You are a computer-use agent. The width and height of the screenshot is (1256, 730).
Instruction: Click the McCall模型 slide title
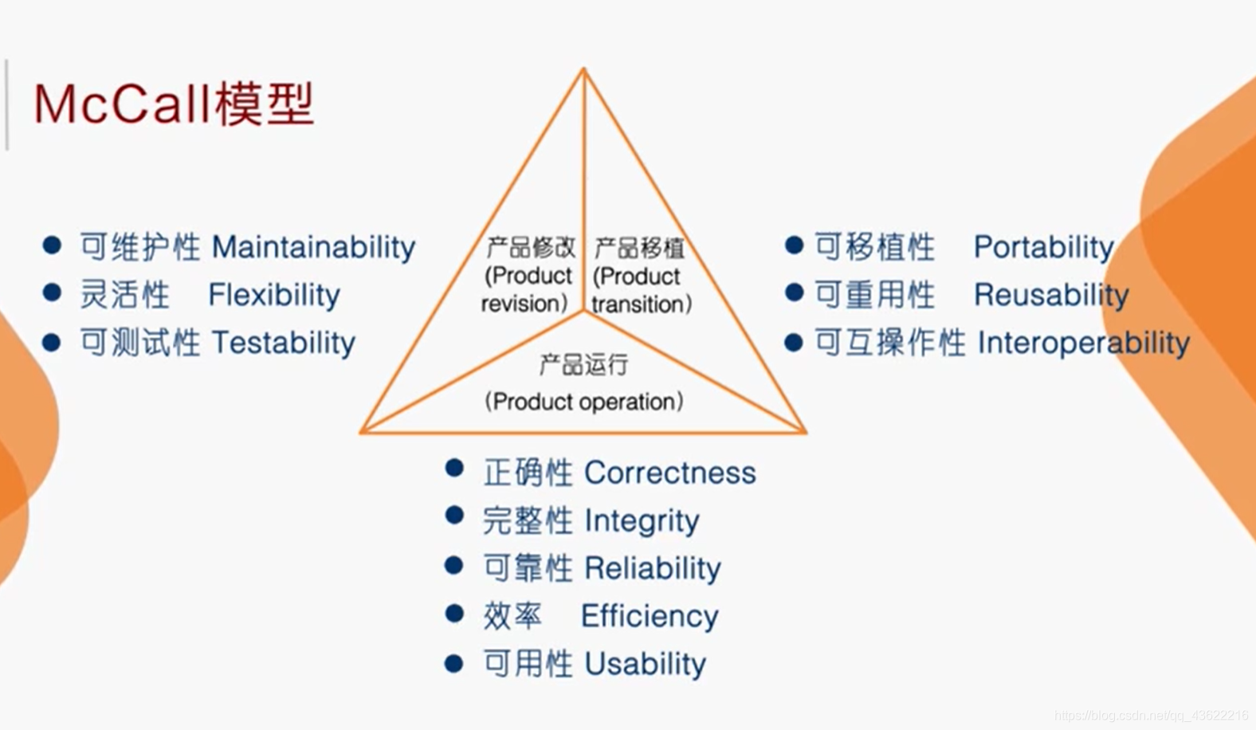(174, 104)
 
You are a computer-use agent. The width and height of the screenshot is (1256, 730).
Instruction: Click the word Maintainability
(313, 247)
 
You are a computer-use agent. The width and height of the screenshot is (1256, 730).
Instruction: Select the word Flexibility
(274, 295)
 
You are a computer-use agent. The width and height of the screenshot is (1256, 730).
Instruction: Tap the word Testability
(284, 343)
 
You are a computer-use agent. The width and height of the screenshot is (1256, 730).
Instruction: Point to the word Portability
(1043, 247)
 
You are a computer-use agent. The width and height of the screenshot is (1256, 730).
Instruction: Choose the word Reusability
(1051, 295)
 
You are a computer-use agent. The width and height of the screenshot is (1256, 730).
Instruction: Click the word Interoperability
(1083, 343)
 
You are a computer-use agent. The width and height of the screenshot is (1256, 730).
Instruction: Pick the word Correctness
(669, 473)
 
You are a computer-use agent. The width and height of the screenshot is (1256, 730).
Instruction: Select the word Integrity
(642, 520)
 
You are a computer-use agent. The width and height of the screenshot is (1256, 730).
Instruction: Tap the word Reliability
(652, 568)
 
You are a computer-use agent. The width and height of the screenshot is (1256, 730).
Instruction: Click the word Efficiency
(650, 616)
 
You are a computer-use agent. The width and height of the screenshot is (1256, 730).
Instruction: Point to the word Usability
(645, 664)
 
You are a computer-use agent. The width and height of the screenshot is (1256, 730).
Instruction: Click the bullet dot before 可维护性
(52, 245)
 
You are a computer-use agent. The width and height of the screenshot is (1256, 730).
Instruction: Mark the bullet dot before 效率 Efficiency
(454, 614)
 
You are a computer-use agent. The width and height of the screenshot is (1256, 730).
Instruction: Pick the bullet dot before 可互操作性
(793, 342)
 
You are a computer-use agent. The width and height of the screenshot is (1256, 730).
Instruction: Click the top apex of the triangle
(583, 70)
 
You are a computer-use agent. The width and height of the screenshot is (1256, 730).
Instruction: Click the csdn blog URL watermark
(1151, 716)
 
